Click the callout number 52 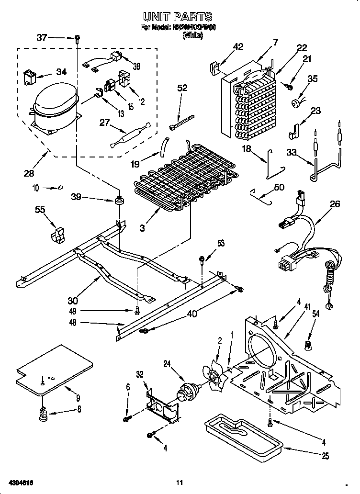tap(182, 88)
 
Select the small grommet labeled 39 tap(118, 199)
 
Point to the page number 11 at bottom tap(179, 483)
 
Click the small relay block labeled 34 tap(30, 78)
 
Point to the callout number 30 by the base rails tap(73, 301)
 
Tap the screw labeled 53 tap(202, 260)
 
